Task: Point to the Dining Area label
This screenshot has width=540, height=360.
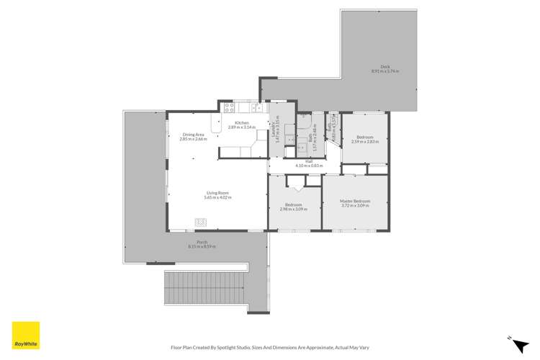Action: (193, 135)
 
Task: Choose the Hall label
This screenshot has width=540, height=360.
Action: (309, 161)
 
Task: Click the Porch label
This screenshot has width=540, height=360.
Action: (202, 242)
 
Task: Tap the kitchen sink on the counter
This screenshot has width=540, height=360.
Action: (256, 109)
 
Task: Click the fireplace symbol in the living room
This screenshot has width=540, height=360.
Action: (199, 222)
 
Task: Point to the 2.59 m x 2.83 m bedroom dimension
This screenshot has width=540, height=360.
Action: (365, 141)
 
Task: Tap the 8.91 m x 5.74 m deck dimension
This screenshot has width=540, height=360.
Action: (385, 71)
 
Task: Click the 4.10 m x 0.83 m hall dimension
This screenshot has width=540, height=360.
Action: (310, 166)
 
